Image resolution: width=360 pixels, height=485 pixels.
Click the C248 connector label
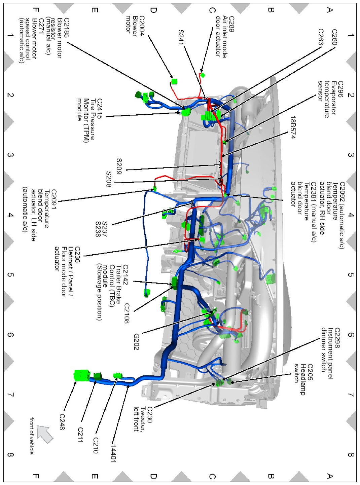click(62, 421)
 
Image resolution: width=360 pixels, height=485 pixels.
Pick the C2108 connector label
click(127, 313)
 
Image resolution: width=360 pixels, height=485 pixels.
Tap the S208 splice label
click(108, 179)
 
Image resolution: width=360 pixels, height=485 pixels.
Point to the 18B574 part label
click(293, 127)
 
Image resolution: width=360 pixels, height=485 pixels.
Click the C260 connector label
click(334, 37)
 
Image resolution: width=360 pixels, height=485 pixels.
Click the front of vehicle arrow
click(45, 434)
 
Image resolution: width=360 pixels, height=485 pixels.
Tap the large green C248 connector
click(81, 375)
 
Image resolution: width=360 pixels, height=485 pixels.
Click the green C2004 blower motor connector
click(174, 81)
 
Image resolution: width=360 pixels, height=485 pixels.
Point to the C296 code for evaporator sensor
click(340, 89)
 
